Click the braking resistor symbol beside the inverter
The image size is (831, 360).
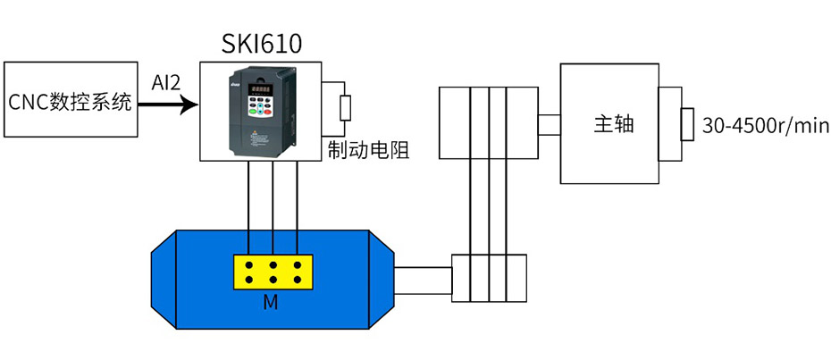point(344,108)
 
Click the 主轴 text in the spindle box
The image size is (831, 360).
point(614,124)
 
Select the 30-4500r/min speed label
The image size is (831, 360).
point(766,126)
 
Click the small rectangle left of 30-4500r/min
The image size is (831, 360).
point(686,124)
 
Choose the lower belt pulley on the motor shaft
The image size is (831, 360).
point(488,277)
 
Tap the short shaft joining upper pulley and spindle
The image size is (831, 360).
point(550,124)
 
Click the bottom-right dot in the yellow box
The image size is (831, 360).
point(296,280)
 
